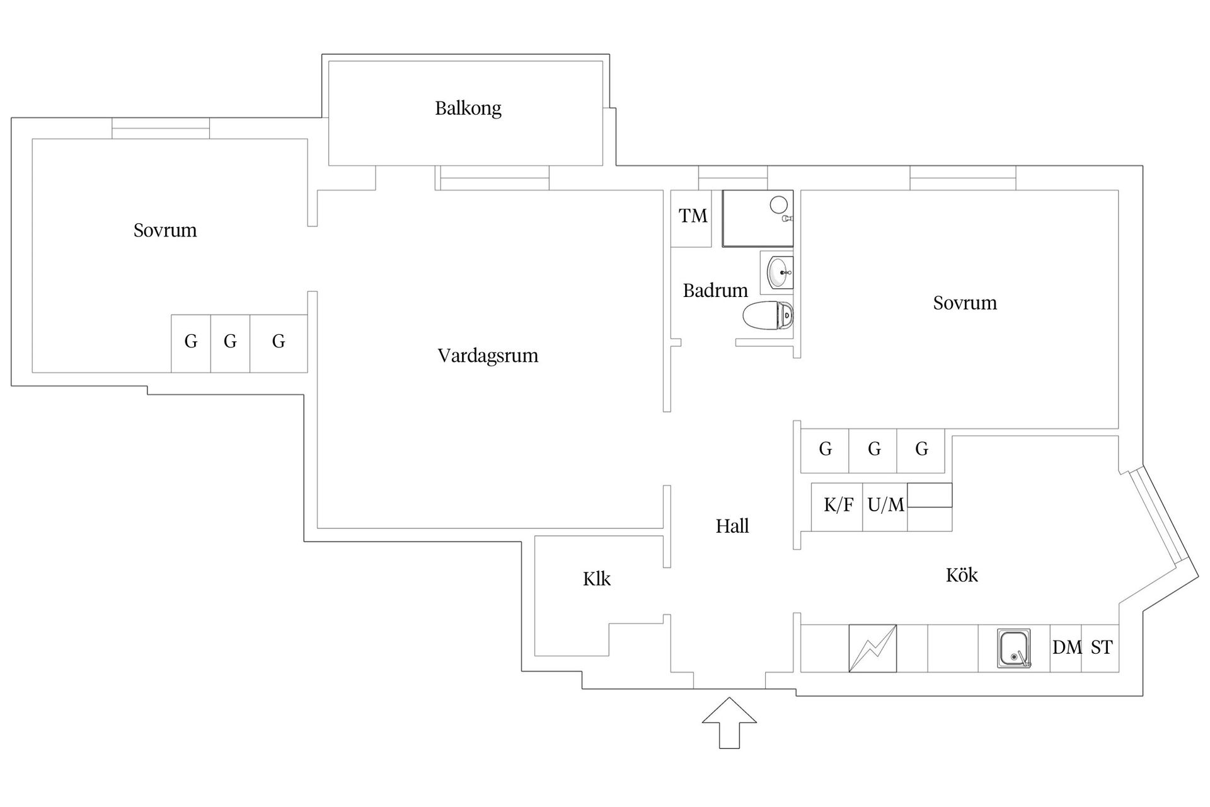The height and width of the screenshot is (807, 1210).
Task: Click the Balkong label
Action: click(x=468, y=108)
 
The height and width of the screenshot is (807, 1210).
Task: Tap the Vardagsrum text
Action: click(x=488, y=356)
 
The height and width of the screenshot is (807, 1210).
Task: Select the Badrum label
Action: click(x=715, y=291)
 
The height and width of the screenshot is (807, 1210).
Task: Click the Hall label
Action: click(x=732, y=526)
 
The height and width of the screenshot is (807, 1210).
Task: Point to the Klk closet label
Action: click(x=596, y=579)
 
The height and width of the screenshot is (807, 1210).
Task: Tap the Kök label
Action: click(x=962, y=575)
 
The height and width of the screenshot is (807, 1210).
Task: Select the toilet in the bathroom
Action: click(x=767, y=316)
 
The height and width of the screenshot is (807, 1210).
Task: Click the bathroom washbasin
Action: click(x=778, y=272)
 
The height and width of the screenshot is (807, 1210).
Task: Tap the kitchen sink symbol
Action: click(x=1013, y=649)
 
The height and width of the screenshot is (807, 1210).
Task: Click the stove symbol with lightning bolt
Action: click(x=872, y=648)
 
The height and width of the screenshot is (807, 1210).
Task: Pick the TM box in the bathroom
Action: click(x=692, y=217)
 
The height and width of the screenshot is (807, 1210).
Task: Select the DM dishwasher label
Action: click(x=1066, y=647)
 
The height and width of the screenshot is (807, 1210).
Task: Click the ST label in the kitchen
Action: click(x=1101, y=647)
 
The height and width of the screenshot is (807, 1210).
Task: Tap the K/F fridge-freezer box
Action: click(x=838, y=506)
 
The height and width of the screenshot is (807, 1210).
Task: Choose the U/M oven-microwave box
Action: click(x=885, y=506)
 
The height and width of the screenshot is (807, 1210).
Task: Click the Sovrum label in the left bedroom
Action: click(x=165, y=231)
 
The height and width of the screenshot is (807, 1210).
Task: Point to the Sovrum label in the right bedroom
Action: click(x=965, y=303)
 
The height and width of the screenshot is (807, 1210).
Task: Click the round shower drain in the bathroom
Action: click(x=779, y=204)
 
